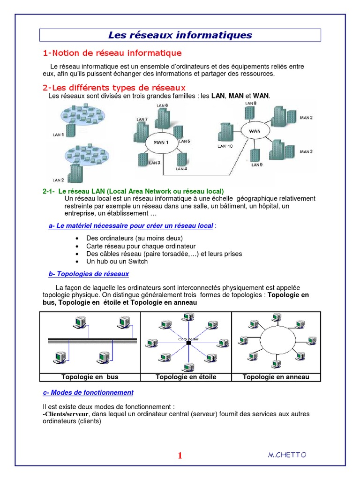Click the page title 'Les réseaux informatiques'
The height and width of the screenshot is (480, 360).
(x=180, y=35)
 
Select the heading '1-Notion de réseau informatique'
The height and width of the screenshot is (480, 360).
(x=112, y=53)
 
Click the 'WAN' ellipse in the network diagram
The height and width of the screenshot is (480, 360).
(x=255, y=131)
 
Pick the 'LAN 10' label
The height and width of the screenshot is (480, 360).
(x=225, y=146)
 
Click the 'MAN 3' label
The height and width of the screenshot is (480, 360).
(x=306, y=151)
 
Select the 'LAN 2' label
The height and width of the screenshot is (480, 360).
(x=58, y=180)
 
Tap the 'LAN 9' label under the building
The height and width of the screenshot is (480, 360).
(x=257, y=165)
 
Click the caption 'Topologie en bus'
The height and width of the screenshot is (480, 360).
(x=90, y=377)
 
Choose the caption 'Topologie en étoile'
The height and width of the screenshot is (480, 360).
(x=186, y=377)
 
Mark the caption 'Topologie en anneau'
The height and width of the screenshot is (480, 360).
(x=276, y=377)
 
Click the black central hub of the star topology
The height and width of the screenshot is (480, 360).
(x=188, y=343)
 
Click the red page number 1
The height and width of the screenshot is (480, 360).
(x=180, y=456)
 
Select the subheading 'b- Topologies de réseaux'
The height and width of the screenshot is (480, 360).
(x=89, y=274)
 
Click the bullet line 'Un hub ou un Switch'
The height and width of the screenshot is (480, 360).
(x=117, y=262)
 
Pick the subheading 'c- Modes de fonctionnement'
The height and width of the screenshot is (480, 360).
(x=88, y=392)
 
